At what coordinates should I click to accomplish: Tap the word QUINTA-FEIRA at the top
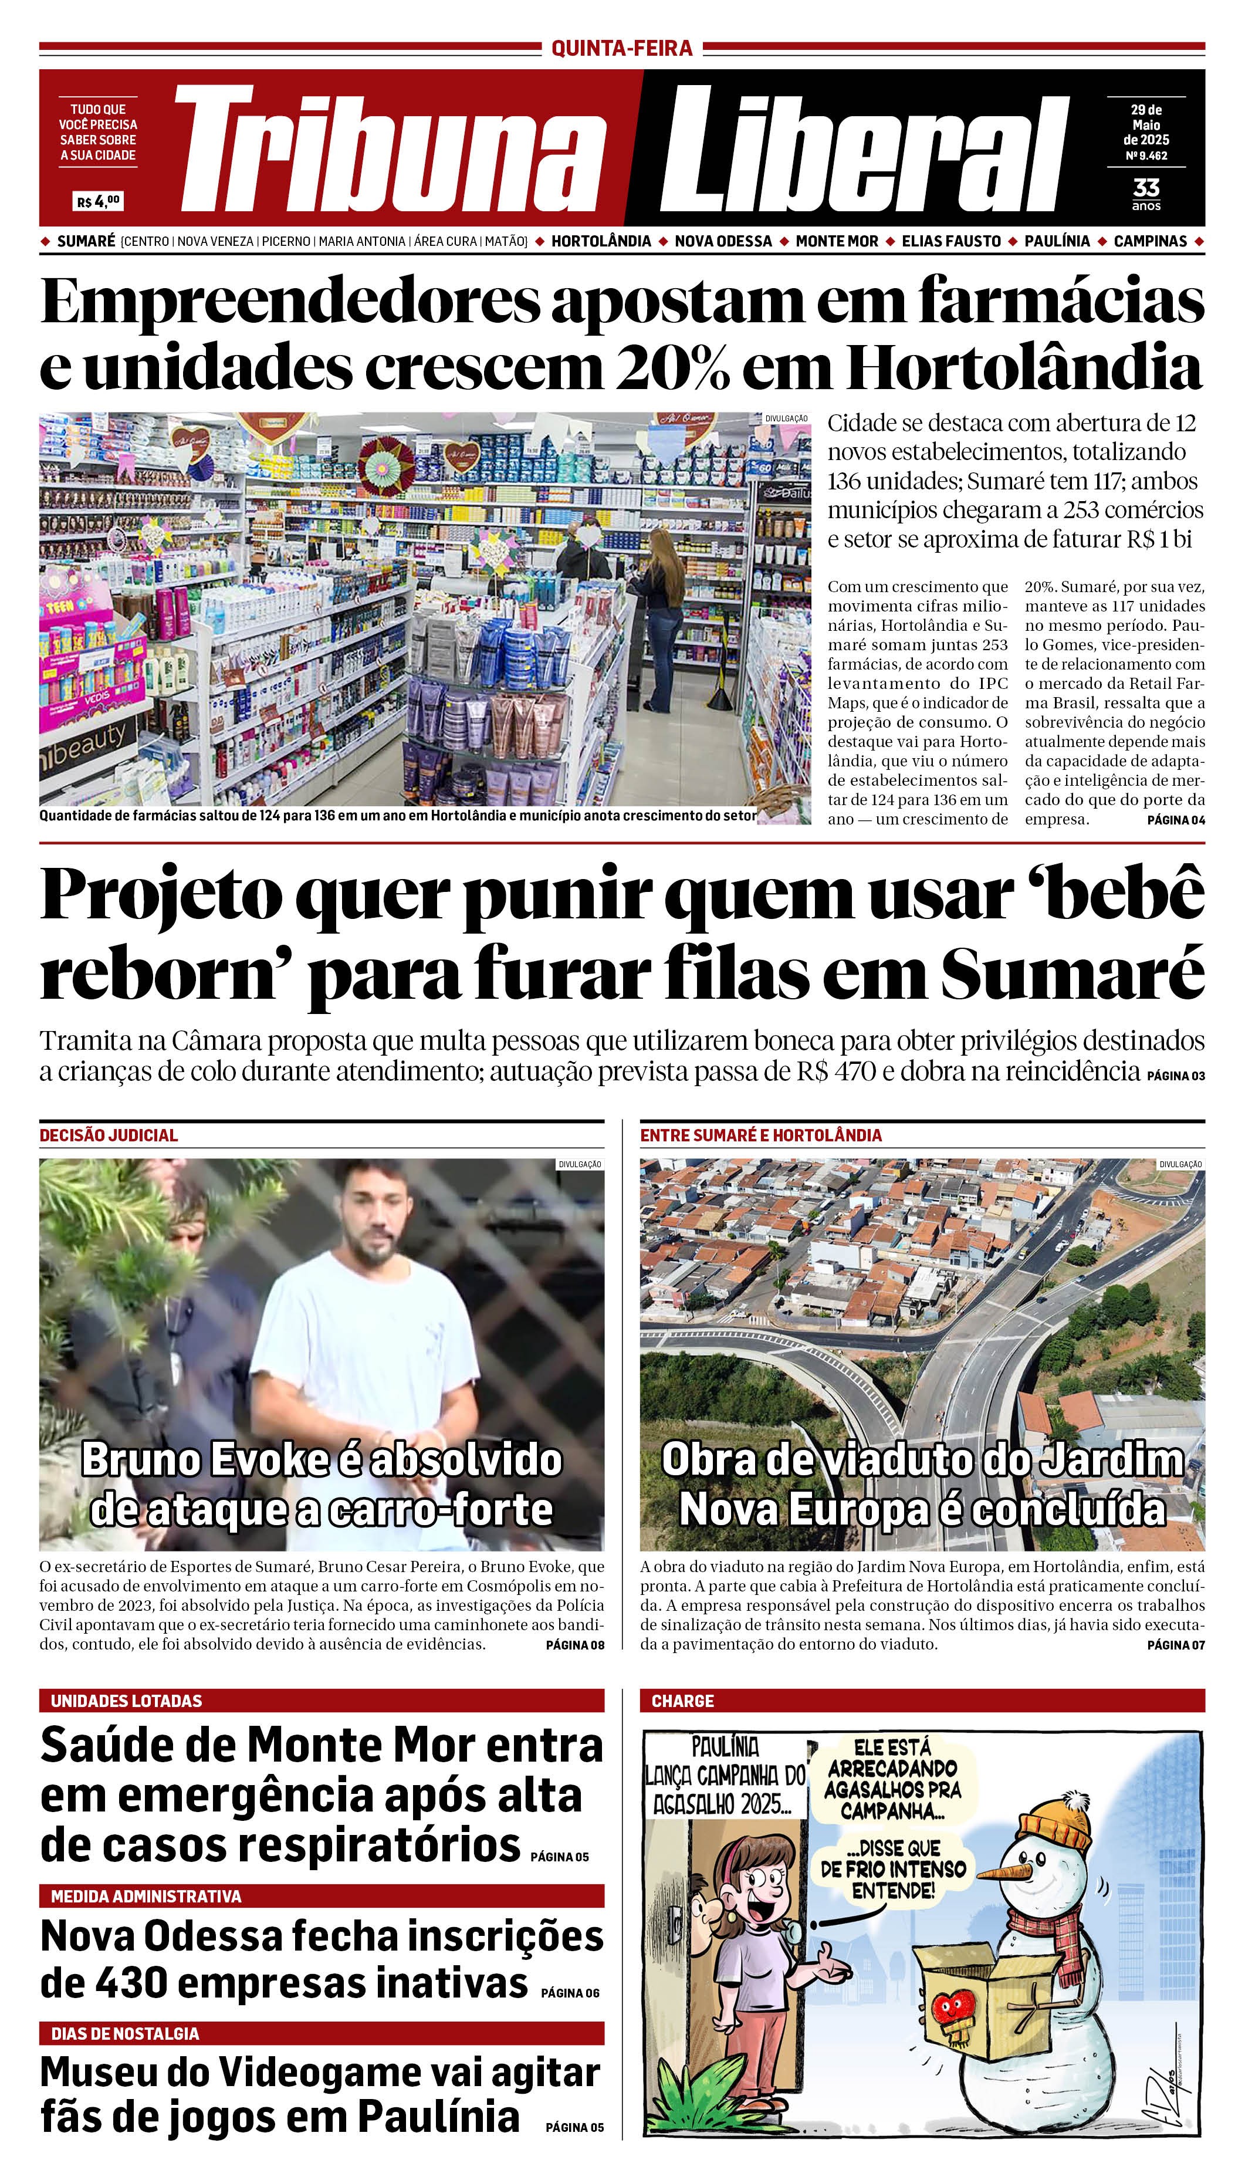(622, 49)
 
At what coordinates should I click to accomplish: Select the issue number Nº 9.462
(1146, 156)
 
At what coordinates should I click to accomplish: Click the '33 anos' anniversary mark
(1146, 192)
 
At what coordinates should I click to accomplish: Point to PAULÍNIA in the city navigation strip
(1057, 241)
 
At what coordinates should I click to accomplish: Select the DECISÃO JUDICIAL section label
(109, 1135)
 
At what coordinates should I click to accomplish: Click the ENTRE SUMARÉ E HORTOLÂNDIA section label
(760, 1135)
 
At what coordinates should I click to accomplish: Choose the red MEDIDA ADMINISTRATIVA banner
(322, 1896)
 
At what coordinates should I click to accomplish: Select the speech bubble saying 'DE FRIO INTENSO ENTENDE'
(894, 1868)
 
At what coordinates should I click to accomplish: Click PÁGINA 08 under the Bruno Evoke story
(574, 1645)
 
